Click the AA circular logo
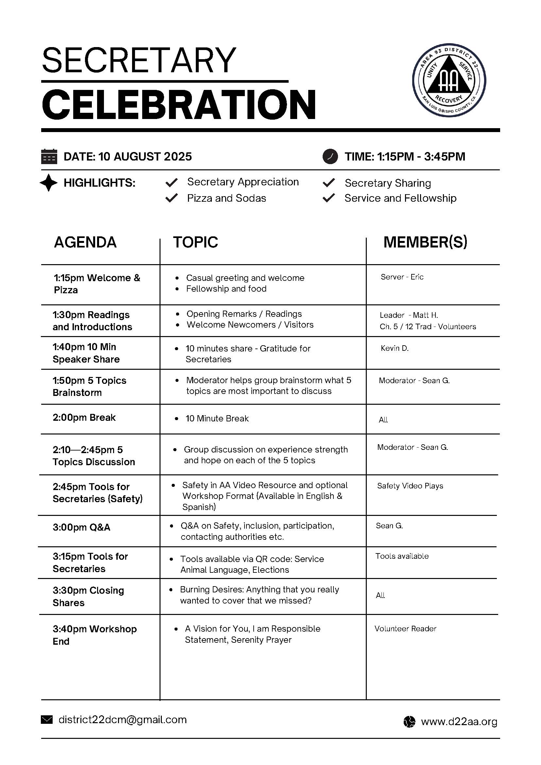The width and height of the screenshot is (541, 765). tap(449, 80)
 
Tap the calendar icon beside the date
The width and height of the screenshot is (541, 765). tap(49, 157)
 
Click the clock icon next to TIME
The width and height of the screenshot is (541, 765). tap(330, 157)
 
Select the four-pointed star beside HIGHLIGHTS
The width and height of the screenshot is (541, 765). tap(49, 183)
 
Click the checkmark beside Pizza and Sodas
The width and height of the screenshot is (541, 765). tap(172, 198)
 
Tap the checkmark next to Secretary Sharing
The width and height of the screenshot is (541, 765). tap(329, 183)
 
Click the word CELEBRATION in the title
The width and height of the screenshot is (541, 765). tap(179, 105)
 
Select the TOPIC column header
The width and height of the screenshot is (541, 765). tap(195, 242)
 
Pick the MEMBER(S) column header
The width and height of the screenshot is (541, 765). tap(425, 242)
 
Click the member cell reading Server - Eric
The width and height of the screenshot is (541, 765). tap(402, 277)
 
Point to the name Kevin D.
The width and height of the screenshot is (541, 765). tap(395, 348)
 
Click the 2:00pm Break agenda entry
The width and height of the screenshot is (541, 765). tap(84, 417)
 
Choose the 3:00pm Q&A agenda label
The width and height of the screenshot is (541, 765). tap(81, 527)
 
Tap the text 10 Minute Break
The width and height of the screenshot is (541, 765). tap(217, 418)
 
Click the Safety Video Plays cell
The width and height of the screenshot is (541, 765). tap(410, 486)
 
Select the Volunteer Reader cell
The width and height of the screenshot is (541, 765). tap(405, 629)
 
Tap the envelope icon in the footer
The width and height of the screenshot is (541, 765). tap(47, 720)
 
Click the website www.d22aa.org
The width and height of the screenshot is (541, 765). tap(459, 722)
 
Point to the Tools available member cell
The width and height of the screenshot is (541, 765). tap(402, 556)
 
